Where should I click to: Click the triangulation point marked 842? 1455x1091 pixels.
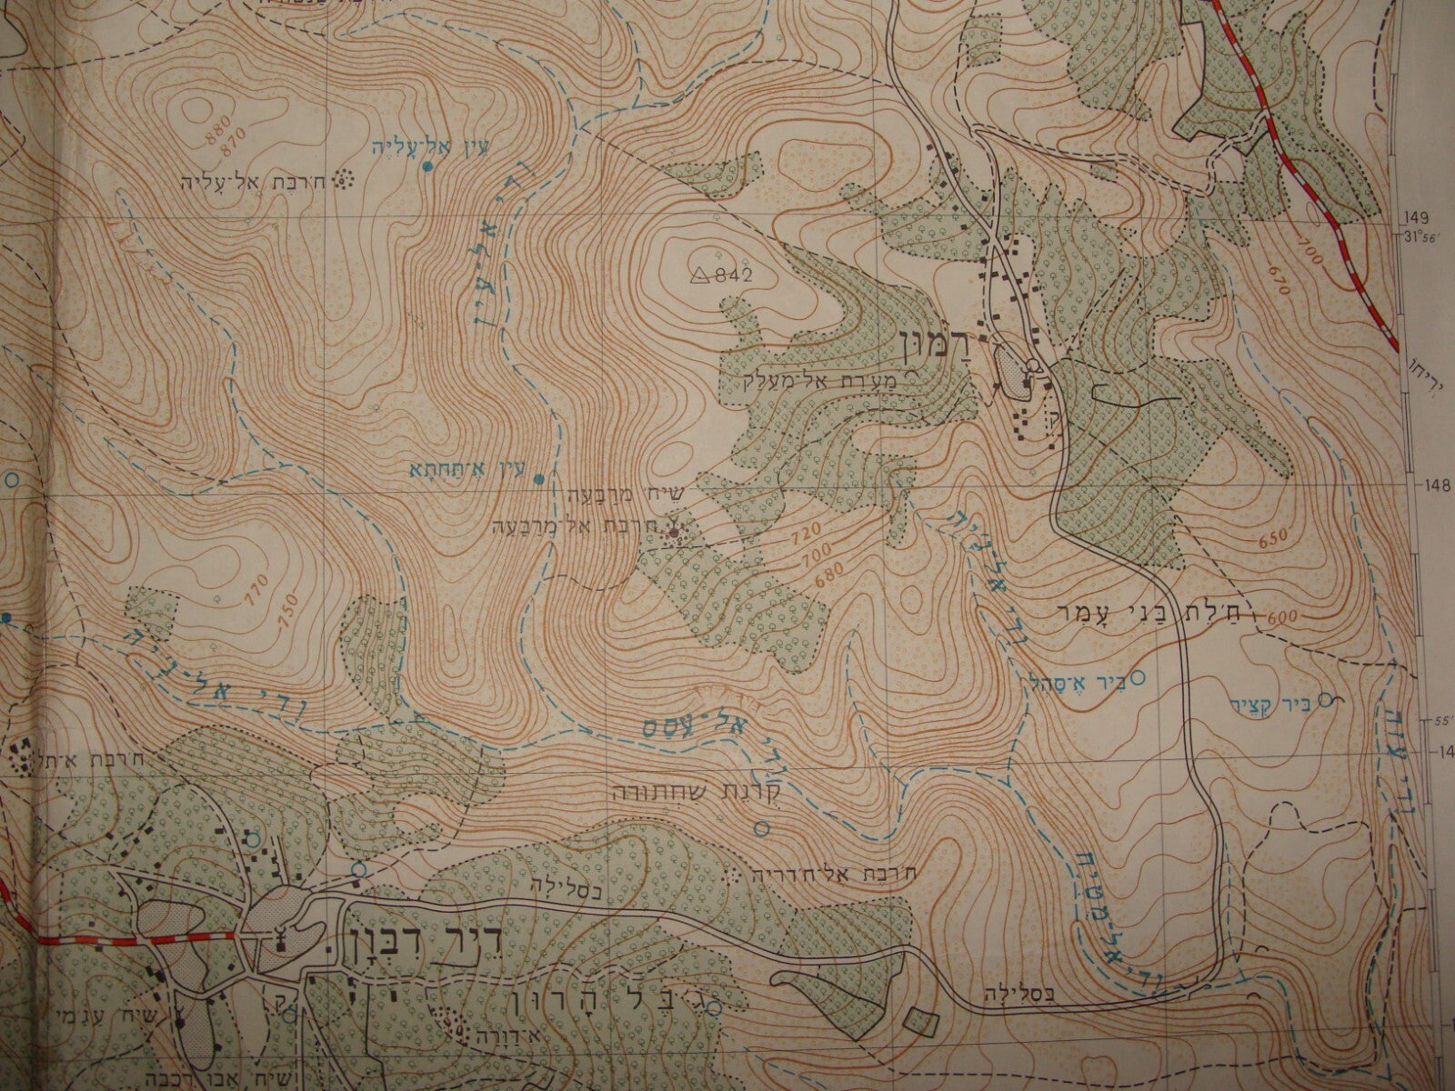tap(701, 275)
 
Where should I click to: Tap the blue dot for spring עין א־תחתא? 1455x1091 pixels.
tap(538, 479)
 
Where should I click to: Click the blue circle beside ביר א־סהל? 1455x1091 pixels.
tap(1136, 676)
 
